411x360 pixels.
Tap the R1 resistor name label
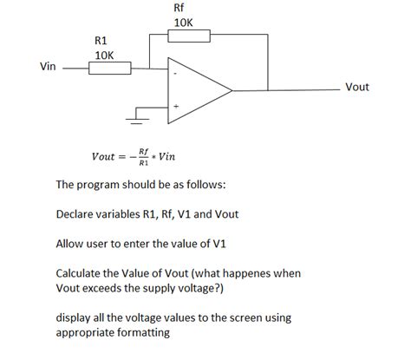coord(101,40)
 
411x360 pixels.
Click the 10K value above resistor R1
coord(103,54)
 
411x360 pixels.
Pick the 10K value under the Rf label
coord(183,23)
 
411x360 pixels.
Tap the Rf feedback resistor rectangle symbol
coord(190,36)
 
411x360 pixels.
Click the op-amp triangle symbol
coord(198,89)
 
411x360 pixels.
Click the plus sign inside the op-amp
coord(176,107)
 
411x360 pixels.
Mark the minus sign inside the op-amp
coord(175,73)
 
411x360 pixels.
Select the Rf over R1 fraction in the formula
coord(143,157)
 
